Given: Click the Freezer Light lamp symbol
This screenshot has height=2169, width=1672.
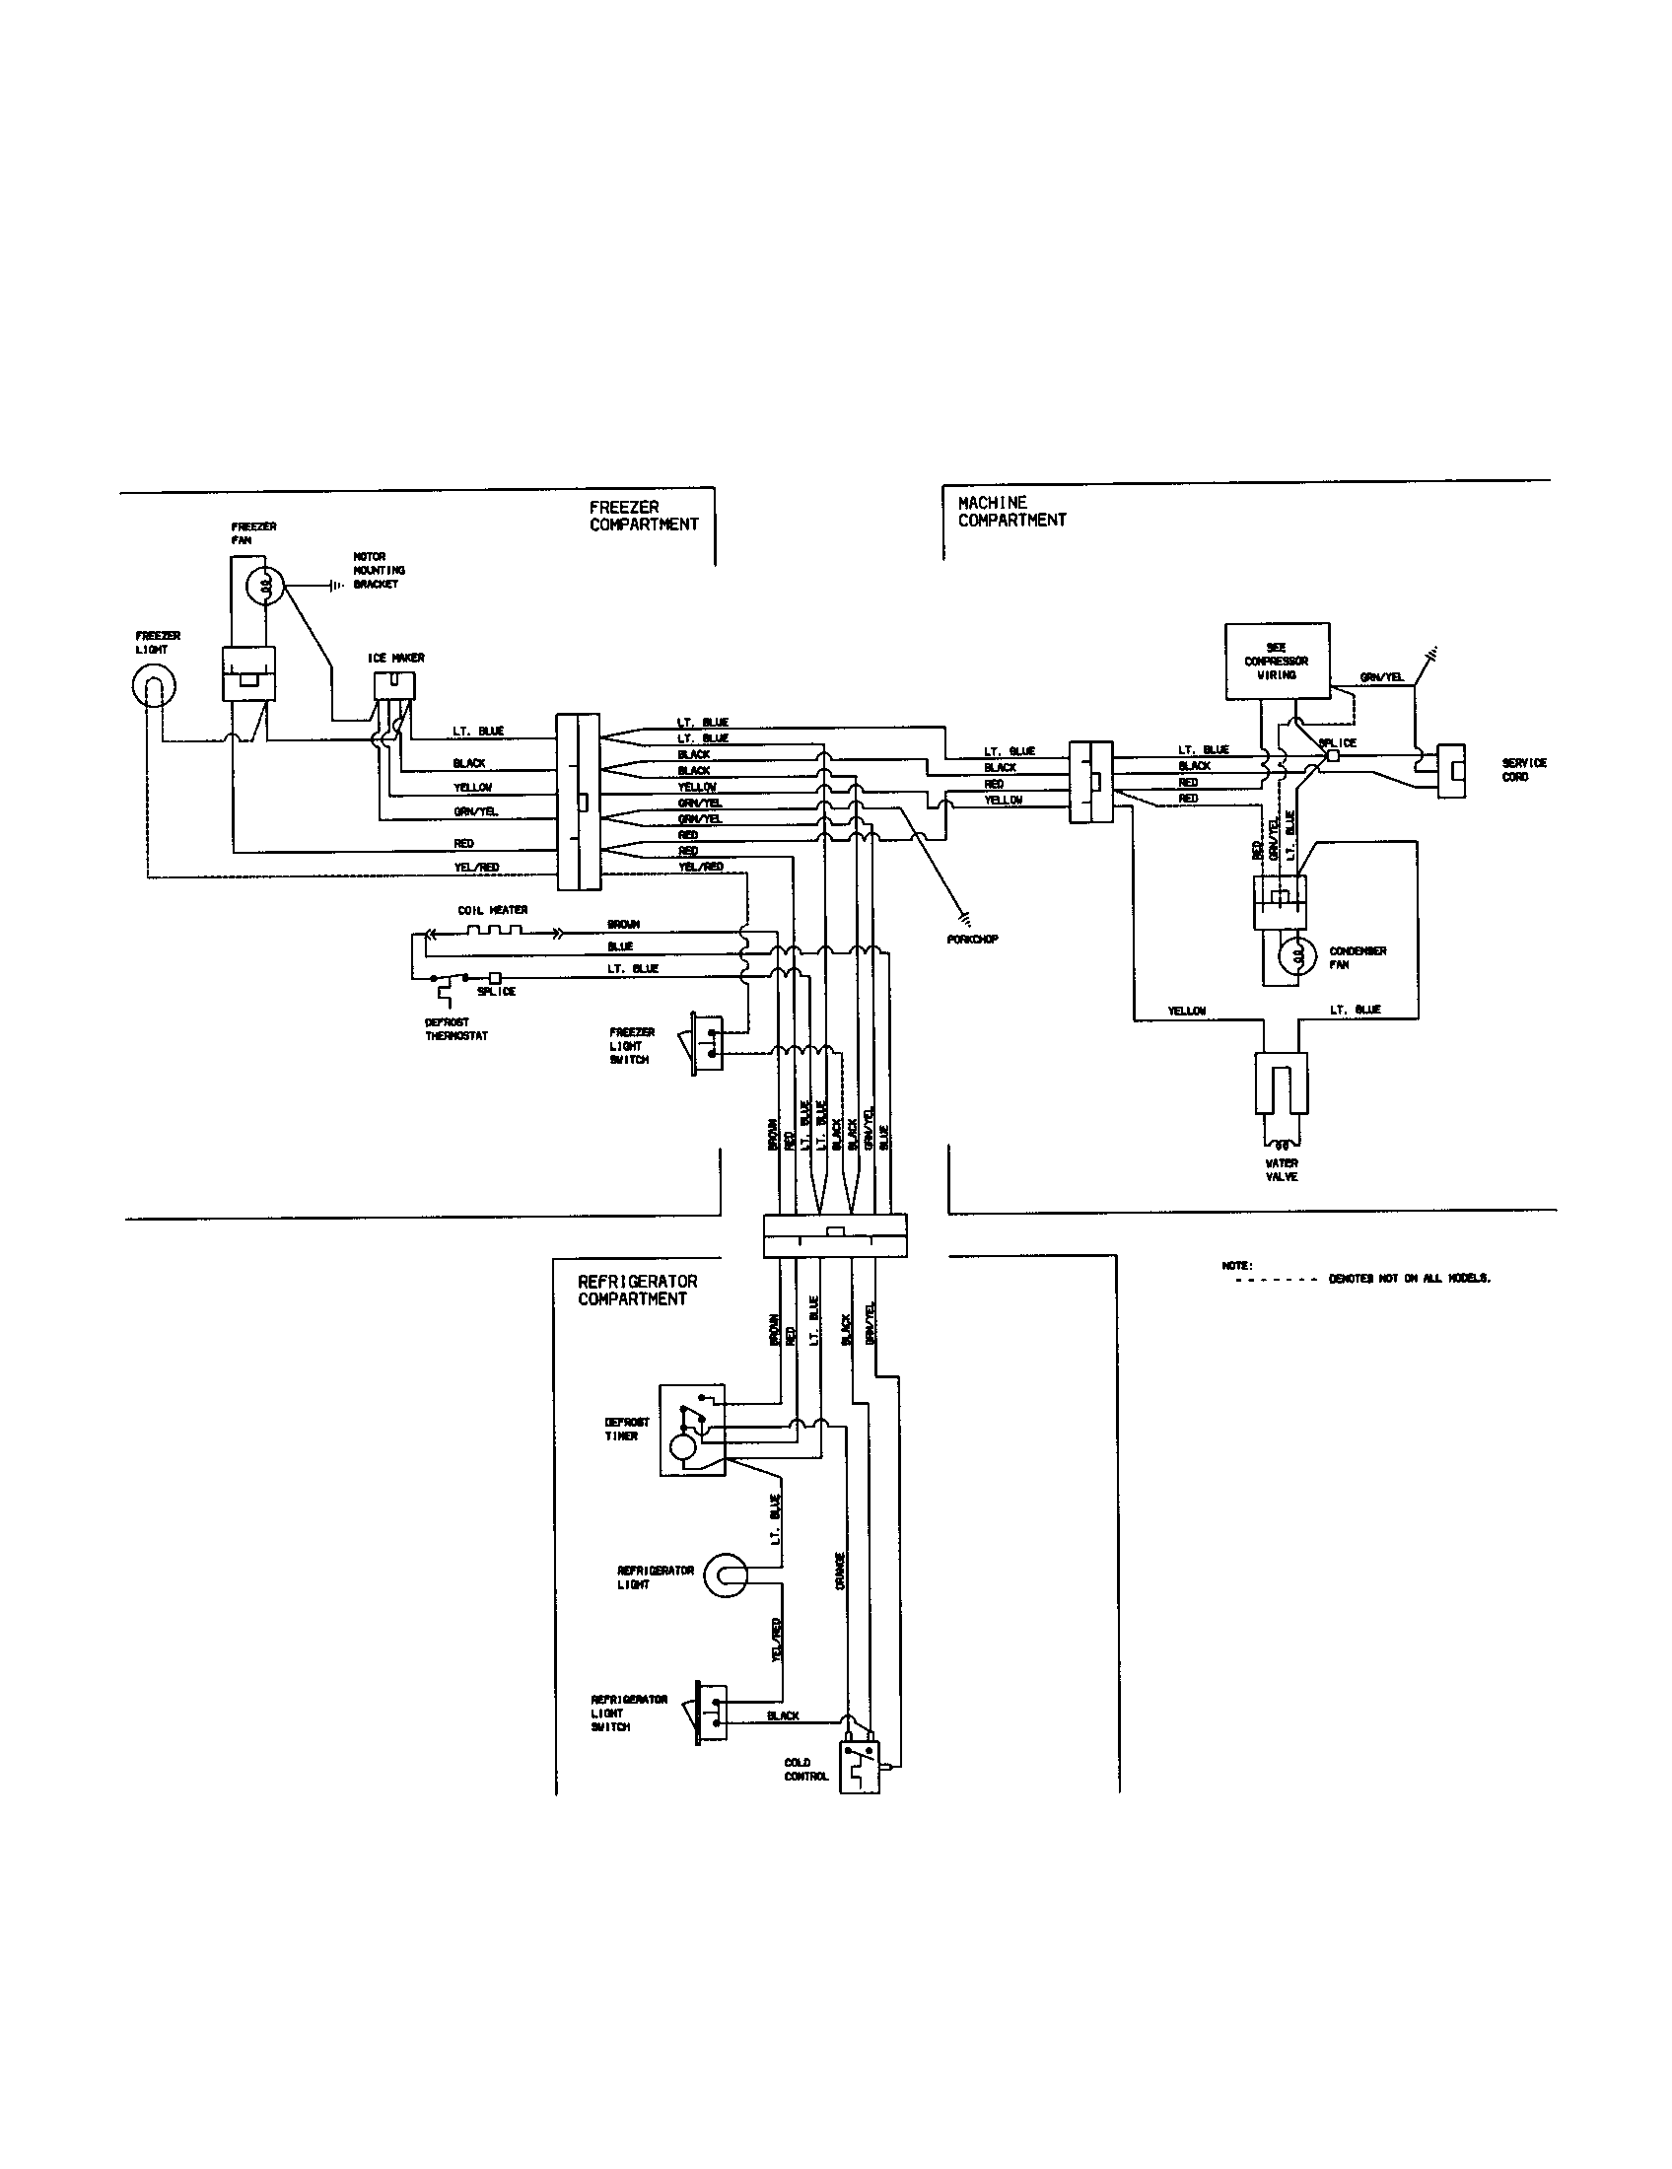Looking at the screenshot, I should point(154,687).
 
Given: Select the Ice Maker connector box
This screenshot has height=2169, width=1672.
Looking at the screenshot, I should point(394,685).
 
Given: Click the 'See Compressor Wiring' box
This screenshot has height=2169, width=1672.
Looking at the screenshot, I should point(1277,662).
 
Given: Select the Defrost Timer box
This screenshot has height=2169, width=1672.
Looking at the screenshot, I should point(692,1431).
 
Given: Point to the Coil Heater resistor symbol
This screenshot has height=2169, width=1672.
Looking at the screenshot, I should point(494,932).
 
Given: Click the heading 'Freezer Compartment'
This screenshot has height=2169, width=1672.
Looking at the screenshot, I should point(644,516).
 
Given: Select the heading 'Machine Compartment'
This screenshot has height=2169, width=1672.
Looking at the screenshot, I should point(1010,511).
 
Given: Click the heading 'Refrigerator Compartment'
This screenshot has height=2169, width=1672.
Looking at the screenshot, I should point(638,1291).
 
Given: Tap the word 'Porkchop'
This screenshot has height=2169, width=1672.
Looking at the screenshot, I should point(973,939).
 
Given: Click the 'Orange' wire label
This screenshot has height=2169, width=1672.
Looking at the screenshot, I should point(840,1572).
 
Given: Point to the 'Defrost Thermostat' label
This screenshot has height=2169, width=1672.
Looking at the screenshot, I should point(455,1029).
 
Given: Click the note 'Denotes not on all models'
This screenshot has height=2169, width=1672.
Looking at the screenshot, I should point(1409,1278).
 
